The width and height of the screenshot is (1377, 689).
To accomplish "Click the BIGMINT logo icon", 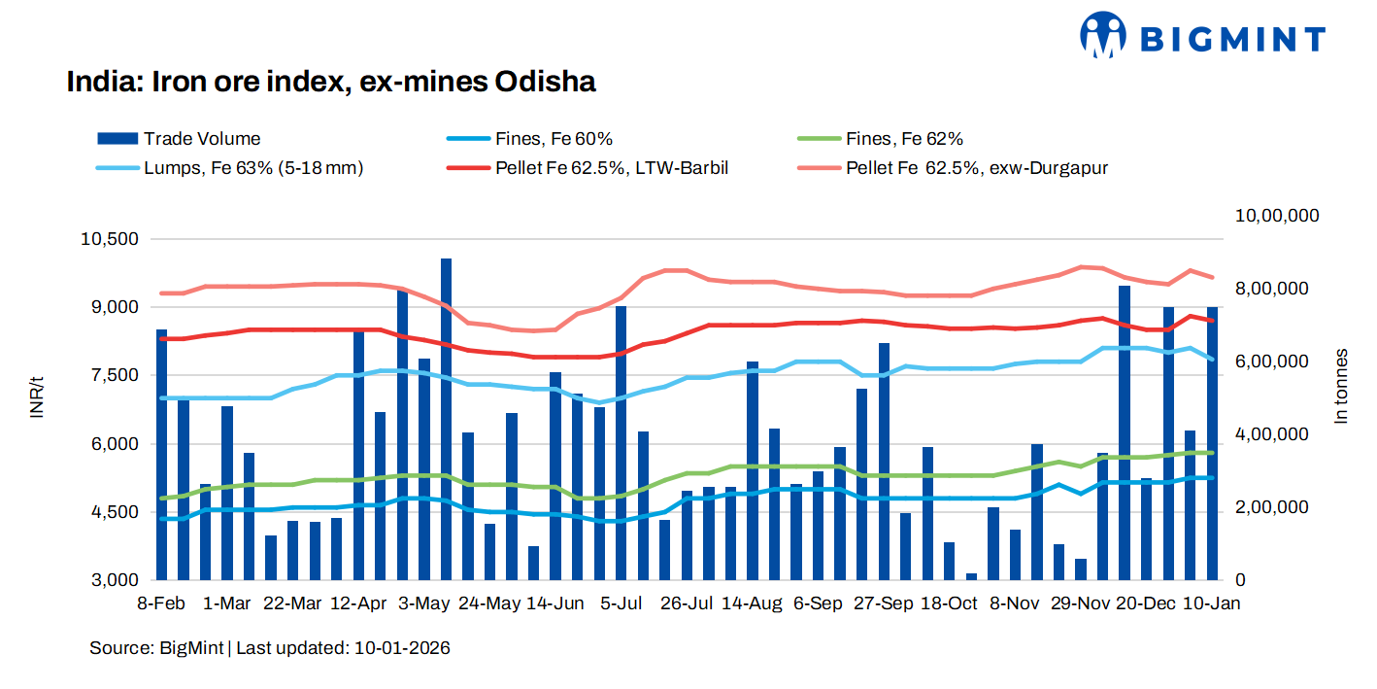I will point(1104,36).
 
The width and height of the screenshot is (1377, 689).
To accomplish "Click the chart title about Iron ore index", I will point(330,82).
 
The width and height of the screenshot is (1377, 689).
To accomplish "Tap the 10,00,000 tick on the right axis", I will point(1276,216).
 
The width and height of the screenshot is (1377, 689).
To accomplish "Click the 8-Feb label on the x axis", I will point(161,603).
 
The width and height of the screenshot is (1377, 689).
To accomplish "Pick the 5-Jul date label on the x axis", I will point(621,603).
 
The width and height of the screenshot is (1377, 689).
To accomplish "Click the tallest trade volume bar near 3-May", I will point(446,418).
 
